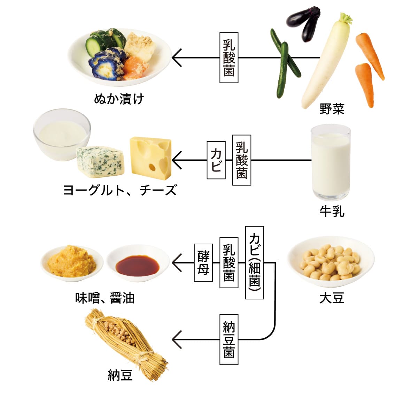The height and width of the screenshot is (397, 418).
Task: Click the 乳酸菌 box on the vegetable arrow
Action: point(229,58)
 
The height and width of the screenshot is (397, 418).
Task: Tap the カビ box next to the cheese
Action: point(216,160)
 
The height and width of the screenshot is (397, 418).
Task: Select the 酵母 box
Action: point(203,262)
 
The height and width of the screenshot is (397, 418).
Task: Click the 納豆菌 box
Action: point(229,339)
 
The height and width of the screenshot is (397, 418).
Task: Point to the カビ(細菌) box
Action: point(254,262)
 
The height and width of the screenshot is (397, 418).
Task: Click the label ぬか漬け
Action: point(119,99)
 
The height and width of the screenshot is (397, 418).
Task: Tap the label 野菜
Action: point(332,109)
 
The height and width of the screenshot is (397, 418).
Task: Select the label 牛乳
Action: point(332,211)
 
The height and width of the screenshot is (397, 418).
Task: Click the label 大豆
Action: point(332,298)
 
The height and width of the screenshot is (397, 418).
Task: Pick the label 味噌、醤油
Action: point(104,298)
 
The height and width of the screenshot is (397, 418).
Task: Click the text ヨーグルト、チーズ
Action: point(120,190)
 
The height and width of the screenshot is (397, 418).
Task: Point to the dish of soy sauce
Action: point(137,265)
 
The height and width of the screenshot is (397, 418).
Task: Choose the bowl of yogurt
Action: point(62,134)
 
